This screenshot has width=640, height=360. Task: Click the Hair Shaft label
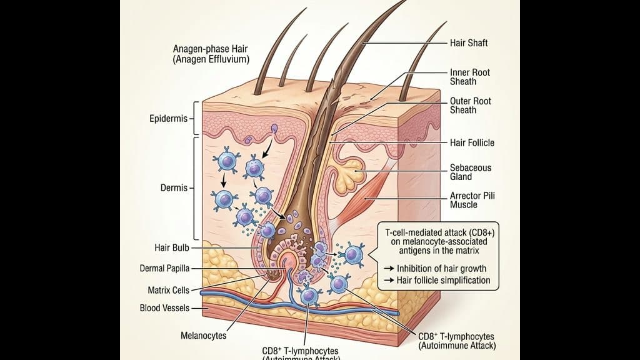(x=469, y=43)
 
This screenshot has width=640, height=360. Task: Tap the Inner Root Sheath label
(x=470, y=77)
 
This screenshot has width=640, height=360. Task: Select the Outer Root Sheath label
(x=471, y=106)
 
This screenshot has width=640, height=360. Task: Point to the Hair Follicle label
(x=472, y=143)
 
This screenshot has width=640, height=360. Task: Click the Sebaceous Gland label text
(x=471, y=172)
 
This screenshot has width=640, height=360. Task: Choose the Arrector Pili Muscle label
(x=472, y=200)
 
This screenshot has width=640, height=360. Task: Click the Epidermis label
(x=169, y=119)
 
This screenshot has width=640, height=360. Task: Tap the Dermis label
(x=173, y=187)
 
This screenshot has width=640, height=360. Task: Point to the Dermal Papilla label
(x=164, y=269)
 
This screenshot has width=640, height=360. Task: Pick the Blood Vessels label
(x=164, y=308)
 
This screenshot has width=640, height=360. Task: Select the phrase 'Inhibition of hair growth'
(x=441, y=269)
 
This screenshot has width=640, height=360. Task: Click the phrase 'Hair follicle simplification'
(x=443, y=281)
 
